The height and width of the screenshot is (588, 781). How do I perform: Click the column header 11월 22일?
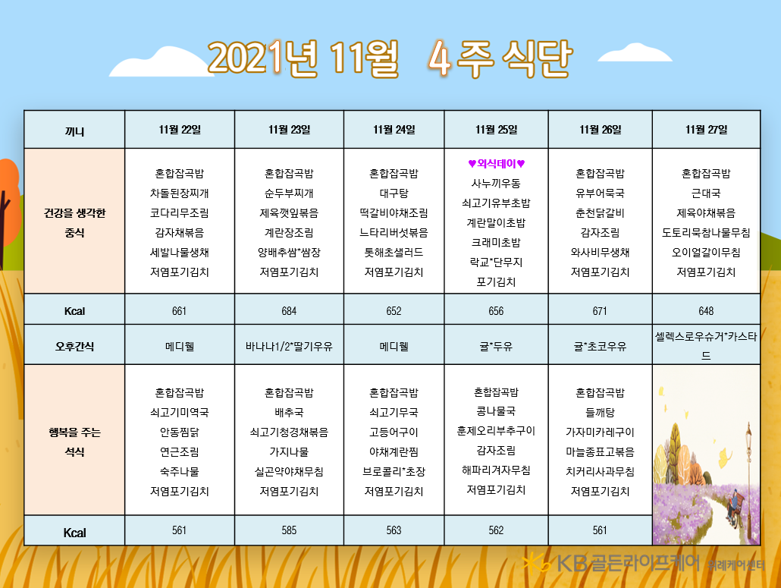pyautogui.click(x=179, y=130)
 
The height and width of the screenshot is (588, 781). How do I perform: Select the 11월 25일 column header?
pyautogui.click(x=496, y=130)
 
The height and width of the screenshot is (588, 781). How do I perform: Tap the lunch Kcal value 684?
pyautogui.click(x=289, y=311)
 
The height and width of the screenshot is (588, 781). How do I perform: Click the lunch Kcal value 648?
pyautogui.click(x=706, y=311)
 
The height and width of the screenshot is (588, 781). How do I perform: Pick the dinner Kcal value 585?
pyautogui.click(x=289, y=530)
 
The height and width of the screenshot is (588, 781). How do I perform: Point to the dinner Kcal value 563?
pyautogui.click(x=394, y=530)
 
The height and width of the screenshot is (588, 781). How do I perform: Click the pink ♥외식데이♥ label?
pyautogui.click(x=496, y=163)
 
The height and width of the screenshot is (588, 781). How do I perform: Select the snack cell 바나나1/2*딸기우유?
pyautogui.click(x=289, y=346)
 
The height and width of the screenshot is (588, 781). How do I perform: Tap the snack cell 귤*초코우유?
pyautogui.click(x=600, y=346)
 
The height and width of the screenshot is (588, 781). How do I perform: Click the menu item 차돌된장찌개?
pyautogui.click(x=179, y=193)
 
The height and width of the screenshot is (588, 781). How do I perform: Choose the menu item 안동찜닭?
pyautogui.click(x=179, y=432)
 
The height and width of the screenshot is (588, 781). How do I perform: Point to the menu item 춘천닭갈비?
pyautogui.click(x=600, y=213)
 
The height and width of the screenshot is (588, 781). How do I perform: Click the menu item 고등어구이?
pyautogui.click(x=394, y=432)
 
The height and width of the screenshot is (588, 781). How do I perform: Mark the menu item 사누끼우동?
pyautogui.click(x=496, y=184)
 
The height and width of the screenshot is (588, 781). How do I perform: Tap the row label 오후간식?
pyautogui.click(x=74, y=346)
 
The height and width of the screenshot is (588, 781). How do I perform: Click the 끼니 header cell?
pyautogui.click(x=74, y=131)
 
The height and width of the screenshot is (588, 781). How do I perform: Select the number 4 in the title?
pyautogui.click(x=440, y=58)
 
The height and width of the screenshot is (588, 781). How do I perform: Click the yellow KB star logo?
pyautogui.click(x=536, y=564)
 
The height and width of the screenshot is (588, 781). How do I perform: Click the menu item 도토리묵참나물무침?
pyautogui.click(x=706, y=233)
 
